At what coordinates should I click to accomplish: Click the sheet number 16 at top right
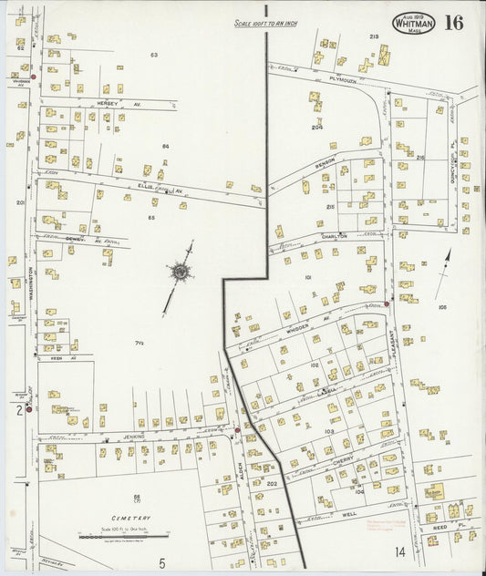pyautogui.click(x=453, y=23)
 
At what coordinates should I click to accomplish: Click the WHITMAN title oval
pyautogui.click(x=413, y=24)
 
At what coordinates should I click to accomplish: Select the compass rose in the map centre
pyautogui.click(x=181, y=272)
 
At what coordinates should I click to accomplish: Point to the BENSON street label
pyautogui.click(x=326, y=162)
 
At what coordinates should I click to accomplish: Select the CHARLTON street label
pyautogui.click(x=334, y=235)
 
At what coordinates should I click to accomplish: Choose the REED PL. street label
pyautogui.click(x=440, y=528)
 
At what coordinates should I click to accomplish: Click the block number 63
pyautogui.click(x=154, y=56)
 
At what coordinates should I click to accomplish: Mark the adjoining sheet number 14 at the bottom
pyautogui.click(x=399, y=551)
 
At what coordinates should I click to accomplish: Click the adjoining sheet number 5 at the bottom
pyautogui.click(x=161, y=562)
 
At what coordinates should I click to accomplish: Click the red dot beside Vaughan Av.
pyautogui.click(x=33, y=75)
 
